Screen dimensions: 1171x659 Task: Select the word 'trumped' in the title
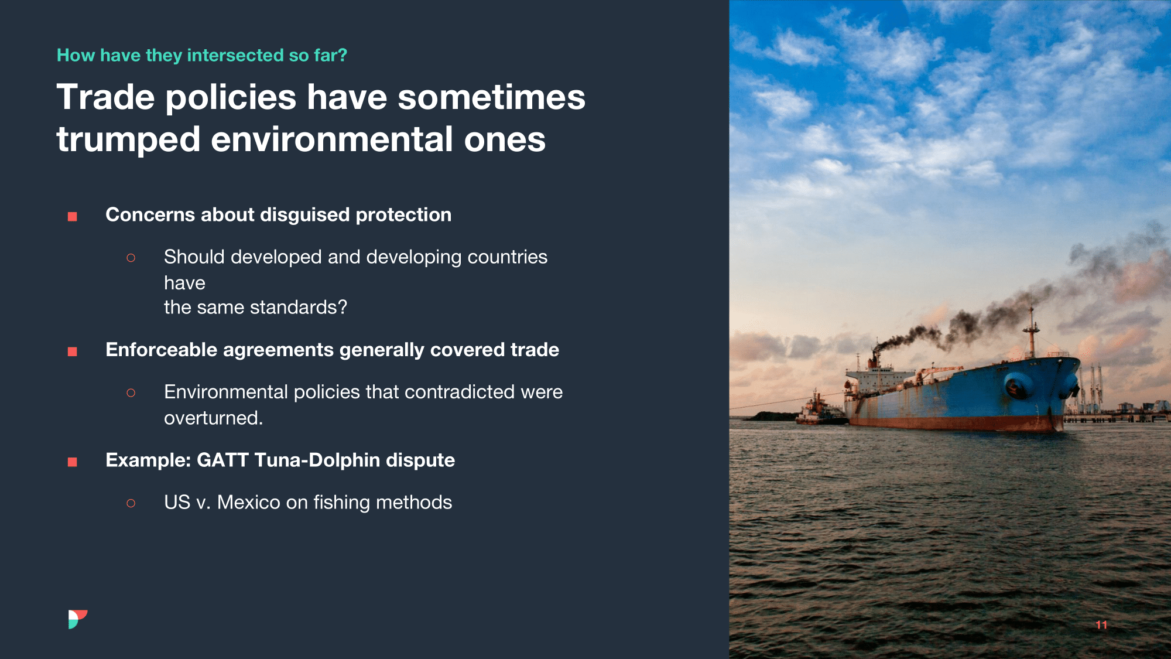[128, 141]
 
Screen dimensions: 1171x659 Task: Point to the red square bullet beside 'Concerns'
[73, 217]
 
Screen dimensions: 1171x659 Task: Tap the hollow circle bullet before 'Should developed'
[131, 258]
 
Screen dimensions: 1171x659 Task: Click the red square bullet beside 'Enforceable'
[73, 351]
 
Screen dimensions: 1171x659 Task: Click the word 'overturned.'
[214, 418]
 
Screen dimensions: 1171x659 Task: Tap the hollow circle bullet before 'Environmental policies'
[131, 392]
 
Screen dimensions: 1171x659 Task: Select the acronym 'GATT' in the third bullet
[222, 460]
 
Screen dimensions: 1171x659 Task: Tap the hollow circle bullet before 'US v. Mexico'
[131, 503]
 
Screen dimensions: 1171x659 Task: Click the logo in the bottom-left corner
[77, 619]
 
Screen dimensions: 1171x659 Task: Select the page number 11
[1101, 625]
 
